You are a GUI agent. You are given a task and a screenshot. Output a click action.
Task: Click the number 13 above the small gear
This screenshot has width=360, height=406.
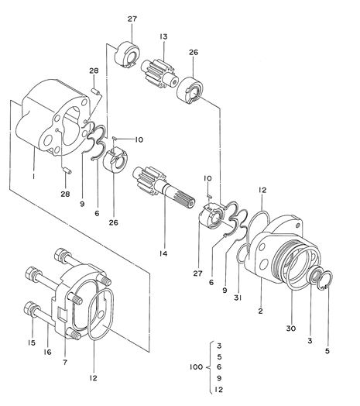(163, 37)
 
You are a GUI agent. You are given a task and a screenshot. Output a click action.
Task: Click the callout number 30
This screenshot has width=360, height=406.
(291, 328)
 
